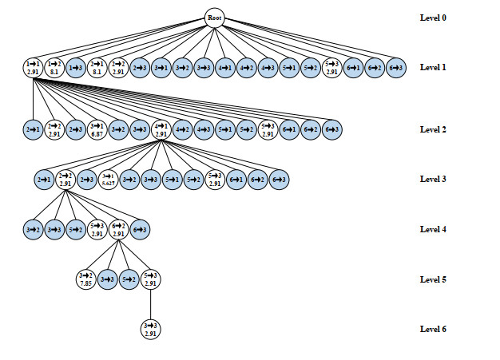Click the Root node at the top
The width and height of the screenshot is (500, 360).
click(214, 18)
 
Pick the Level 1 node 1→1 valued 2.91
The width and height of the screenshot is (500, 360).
click(33, 68)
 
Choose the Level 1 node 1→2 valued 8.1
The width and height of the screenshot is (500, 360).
click(54, 68)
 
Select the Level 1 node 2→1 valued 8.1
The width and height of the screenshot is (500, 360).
click(97, 68)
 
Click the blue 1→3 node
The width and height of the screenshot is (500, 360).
click(76, 68)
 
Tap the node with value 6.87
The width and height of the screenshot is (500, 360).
click(97, 129)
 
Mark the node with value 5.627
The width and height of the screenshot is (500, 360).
click(108, 180)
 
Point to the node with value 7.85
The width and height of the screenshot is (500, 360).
click(86, 279)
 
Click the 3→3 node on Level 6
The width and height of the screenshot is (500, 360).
click(150, 329)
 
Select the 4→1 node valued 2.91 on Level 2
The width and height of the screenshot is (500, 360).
click(161, 129)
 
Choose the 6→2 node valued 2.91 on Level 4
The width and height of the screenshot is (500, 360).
click(119, 230)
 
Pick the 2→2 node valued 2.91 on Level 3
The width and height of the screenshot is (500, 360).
click(65, 180)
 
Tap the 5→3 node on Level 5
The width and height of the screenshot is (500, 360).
click(150, 279)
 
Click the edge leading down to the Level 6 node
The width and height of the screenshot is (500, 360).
click(150, 304)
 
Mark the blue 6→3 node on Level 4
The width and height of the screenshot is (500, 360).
click(141, 230)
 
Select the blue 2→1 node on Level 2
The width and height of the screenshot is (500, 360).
click(33, 129)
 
